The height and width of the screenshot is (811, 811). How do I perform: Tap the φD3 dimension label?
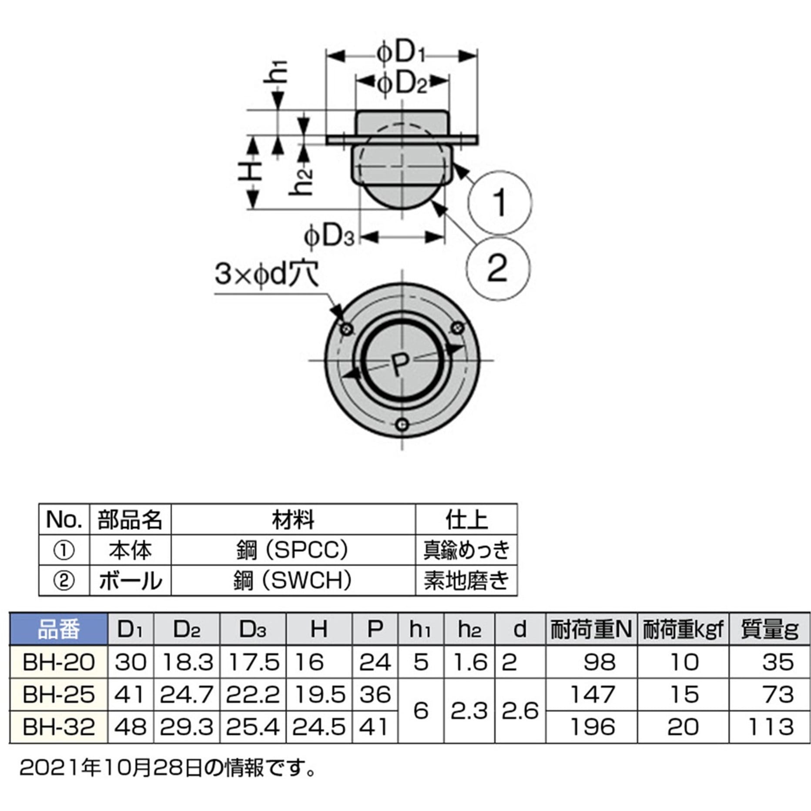click(x=329, y=237)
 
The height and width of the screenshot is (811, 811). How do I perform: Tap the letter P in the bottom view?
click(x=399, y=365)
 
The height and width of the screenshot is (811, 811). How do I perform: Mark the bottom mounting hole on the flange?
click(x=402, y=424)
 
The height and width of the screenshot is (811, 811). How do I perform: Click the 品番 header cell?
click(x=59, y=630)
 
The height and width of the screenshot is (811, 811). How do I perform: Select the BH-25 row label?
click(x=59, y=695)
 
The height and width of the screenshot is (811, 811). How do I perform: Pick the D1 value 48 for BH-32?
click(x=131, y=727)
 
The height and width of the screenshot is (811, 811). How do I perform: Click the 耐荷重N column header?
click(x=591, y=630)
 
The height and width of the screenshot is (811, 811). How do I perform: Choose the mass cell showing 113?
click(x=771, y=727)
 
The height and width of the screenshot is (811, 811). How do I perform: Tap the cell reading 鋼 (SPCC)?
click(x=293, y=550)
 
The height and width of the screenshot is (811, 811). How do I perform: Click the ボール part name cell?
click(x=130, y=581)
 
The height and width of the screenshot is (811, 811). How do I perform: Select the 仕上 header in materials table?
click(x=466, y=519)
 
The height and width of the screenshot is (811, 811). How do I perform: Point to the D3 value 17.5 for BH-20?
click(x=253, y=663)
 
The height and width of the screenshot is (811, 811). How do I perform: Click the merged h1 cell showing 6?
click(x=420, y=711)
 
